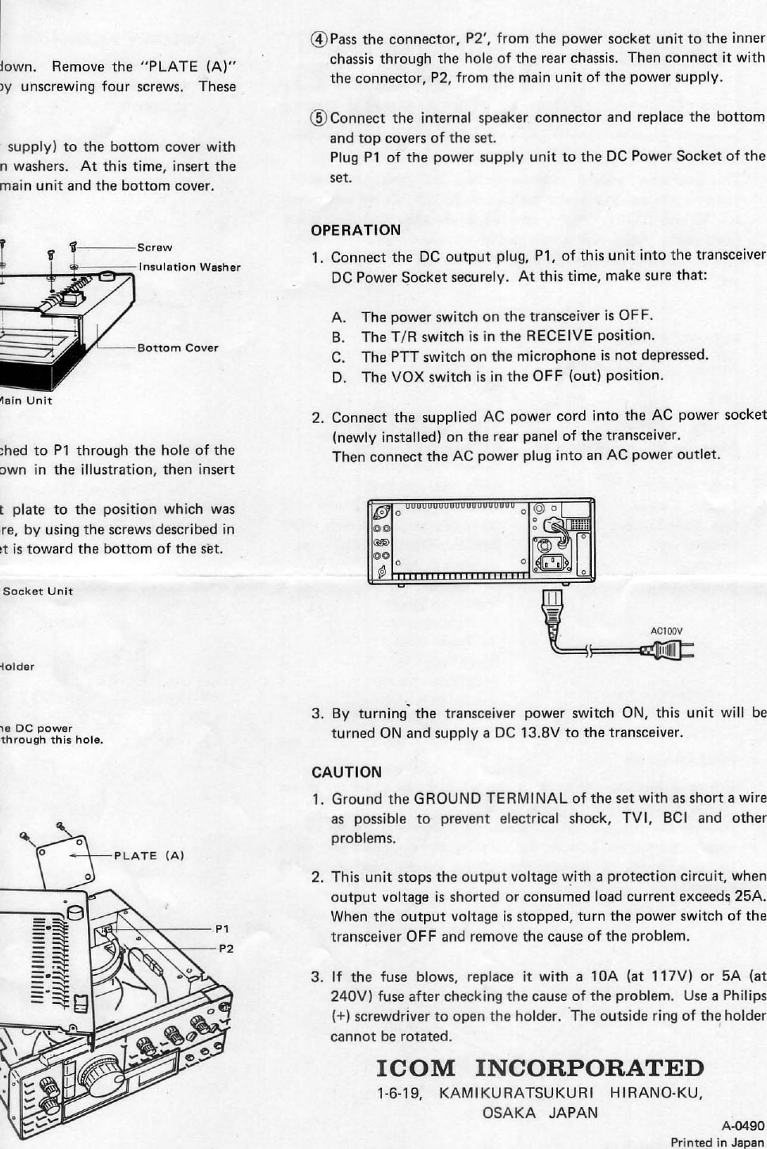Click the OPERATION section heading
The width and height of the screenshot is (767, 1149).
[x=356, y=230]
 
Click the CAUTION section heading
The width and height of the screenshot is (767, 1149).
[x=346, y=772]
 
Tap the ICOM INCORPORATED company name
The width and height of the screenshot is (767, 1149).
[x=540, y=1067]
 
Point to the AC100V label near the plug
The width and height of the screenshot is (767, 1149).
[x=666, y=631]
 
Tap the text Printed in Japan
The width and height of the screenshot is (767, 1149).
[x=717, y=1142]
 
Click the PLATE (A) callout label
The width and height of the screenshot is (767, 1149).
[x=149, y=855]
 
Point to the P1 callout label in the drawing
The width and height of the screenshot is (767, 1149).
[x=222, y=928]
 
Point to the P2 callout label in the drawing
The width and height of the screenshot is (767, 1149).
[x=225, y=948]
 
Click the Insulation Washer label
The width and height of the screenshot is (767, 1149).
[x=189, y=267]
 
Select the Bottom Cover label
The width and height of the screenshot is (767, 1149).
[x=177, y=348]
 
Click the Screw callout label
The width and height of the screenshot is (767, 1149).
[x=155, y=248]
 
